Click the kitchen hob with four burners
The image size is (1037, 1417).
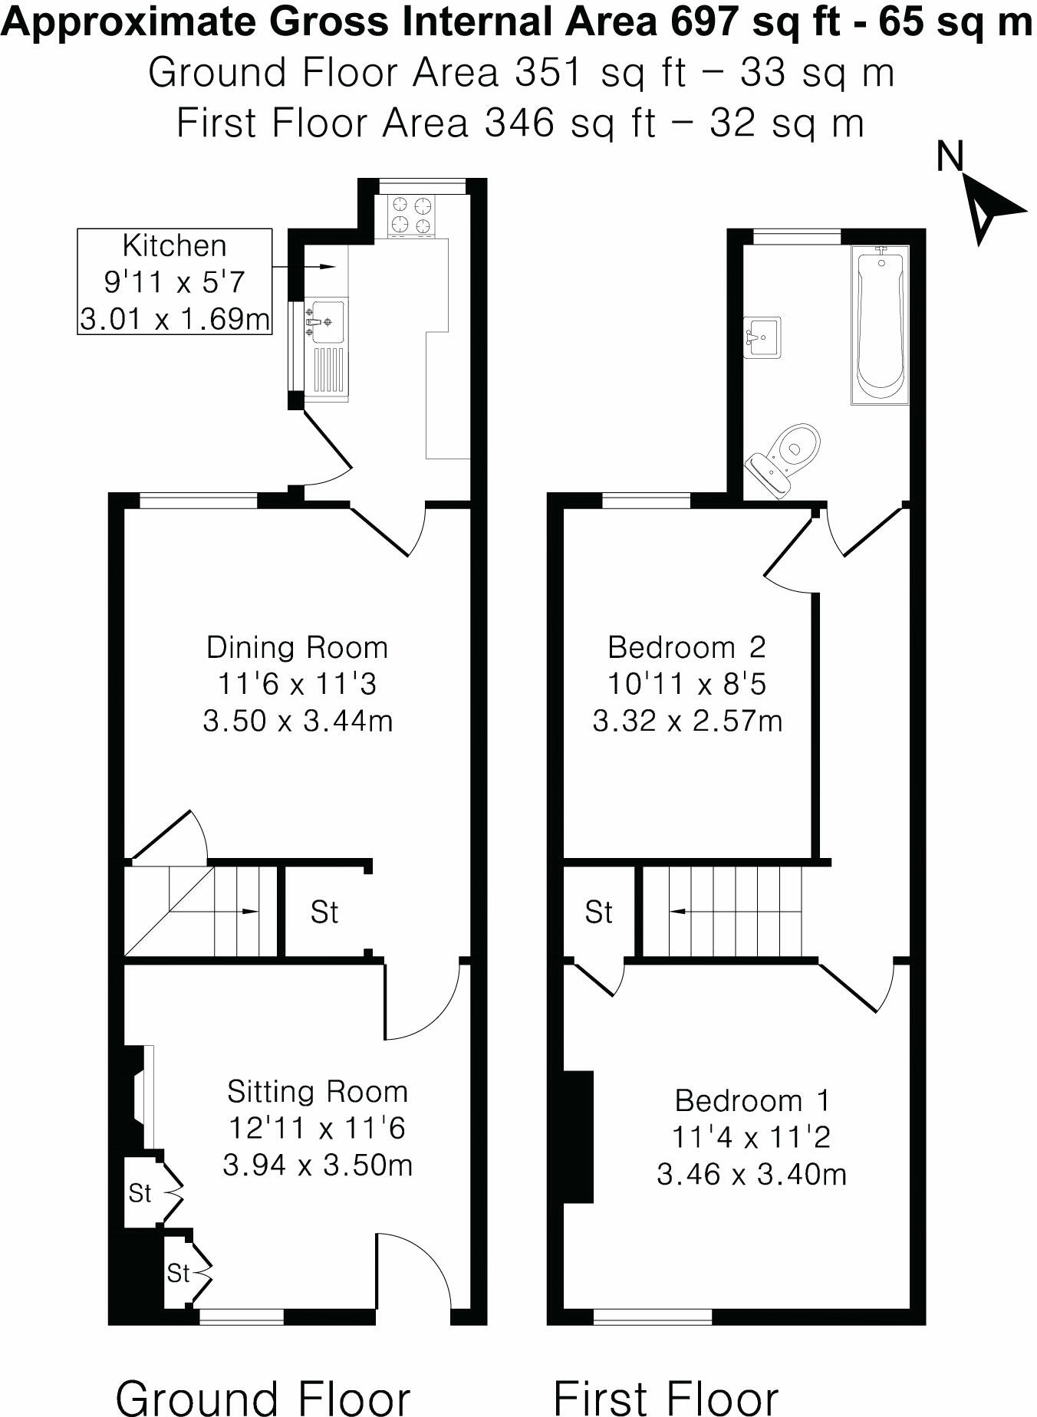click(411, 215)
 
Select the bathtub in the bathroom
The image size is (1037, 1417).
click(880, 325)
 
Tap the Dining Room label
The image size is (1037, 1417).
click(297, 648)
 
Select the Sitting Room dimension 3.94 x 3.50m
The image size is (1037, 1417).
click(318, 1165)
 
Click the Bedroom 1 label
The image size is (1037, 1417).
click(752, 1101)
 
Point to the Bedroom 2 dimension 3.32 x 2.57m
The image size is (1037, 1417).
click(687, 722)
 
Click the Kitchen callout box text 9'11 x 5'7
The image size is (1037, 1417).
click(174, 282)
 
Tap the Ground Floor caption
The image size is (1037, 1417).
click(263, 1397)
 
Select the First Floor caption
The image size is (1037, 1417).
click(666, 1397)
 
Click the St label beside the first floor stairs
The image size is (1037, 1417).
click(599, 912)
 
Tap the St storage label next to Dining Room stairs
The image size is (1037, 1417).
click(324, 912)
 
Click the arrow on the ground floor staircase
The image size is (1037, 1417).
click(250, 911)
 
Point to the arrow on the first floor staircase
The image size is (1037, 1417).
click(678, 912)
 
